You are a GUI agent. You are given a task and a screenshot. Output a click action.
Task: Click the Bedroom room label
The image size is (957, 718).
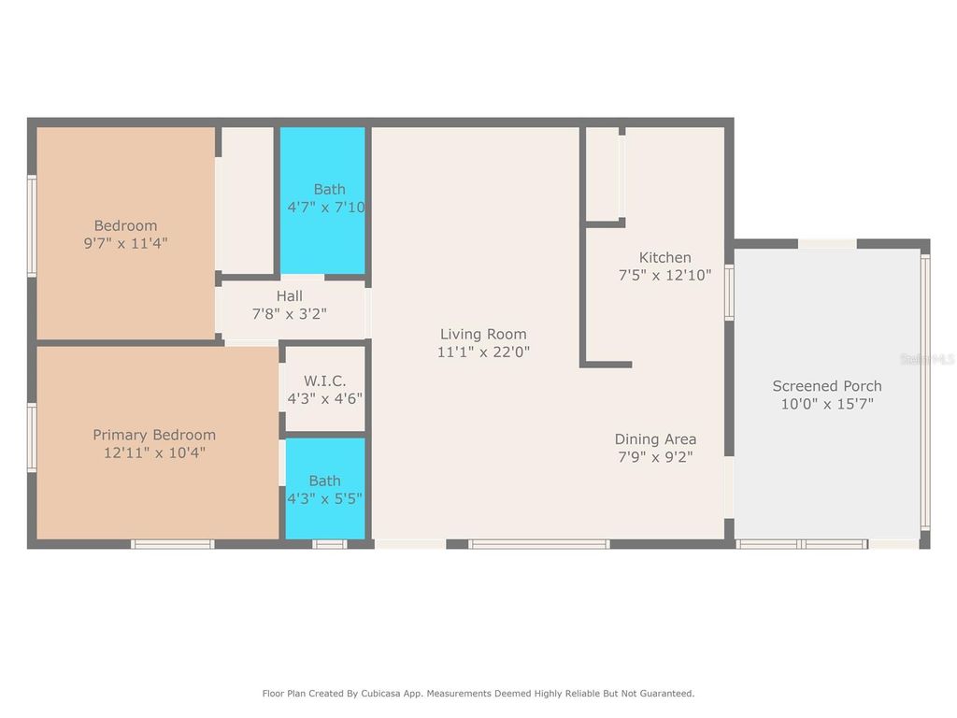[125, 225]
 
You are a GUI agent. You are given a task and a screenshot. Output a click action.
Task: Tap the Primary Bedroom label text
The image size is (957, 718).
[154, 435]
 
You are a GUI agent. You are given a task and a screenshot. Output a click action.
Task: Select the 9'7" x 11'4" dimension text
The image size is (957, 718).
[125, 243]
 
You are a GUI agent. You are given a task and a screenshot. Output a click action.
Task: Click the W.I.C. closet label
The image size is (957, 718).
[324, 381]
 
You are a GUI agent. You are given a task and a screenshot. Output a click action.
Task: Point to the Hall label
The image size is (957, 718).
[289, 296]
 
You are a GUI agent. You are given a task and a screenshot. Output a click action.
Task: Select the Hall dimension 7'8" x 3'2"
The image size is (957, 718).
[289, 314]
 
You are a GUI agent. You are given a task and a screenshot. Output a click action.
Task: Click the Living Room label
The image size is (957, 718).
[483, 334]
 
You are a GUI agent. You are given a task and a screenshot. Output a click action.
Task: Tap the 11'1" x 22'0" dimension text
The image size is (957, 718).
[483, 352]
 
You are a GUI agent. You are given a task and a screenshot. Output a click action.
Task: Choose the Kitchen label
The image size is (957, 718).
[664, 257]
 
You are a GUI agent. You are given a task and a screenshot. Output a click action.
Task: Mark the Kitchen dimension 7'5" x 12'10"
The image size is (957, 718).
[664, 276]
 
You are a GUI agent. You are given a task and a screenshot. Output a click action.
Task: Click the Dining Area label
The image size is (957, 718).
[655, 438]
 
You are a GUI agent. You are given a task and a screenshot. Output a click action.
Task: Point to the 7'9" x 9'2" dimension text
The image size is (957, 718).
[655, 457]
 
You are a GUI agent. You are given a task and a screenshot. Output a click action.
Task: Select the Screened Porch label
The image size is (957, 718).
[826, 385]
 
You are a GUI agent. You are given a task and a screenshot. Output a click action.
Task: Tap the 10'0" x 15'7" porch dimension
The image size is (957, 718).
[826, 404]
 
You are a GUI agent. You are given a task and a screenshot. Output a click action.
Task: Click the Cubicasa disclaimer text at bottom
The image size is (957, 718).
[478, 694]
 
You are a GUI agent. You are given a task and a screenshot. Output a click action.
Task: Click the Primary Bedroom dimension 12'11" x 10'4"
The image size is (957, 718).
[154, 453]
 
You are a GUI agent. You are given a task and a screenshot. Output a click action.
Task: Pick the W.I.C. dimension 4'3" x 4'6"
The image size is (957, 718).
[324, 398]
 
